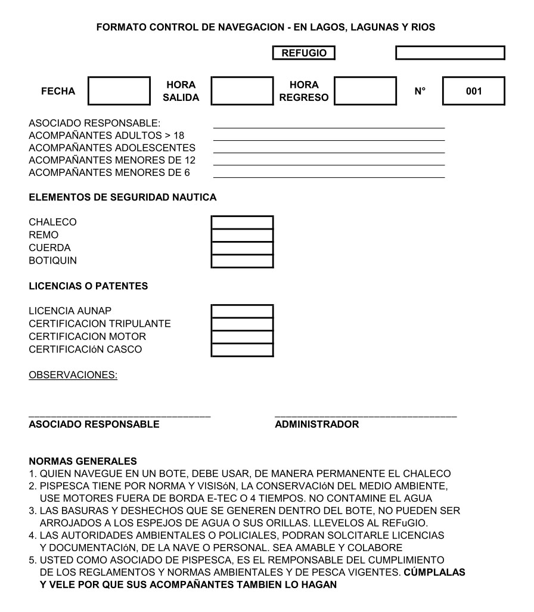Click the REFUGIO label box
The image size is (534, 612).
click(304, 53)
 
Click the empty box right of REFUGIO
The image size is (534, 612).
click(450, 53)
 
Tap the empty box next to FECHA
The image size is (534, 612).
click(119, 91)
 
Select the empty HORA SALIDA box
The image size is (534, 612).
click(242, 91)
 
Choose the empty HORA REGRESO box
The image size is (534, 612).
click(365, 91)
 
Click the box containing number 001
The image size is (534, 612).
click(474, 91)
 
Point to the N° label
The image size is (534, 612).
click(421, 91)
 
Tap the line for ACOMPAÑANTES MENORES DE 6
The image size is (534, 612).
click(328, 176)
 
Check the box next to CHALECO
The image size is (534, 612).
click(242, 222)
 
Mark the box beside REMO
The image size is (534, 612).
click(242, 235)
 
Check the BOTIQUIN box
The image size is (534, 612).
click(242, 261)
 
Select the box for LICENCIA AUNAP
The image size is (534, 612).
click(242, 311)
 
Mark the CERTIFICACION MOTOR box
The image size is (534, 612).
click(242, 337)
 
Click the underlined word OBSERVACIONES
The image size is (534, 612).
click(73, 375)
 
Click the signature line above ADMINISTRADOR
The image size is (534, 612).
click(365, 415)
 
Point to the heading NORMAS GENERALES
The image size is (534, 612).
click(83, 461)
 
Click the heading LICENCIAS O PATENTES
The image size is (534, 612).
click(88, 286)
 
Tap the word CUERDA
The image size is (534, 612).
click(49, 248)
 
